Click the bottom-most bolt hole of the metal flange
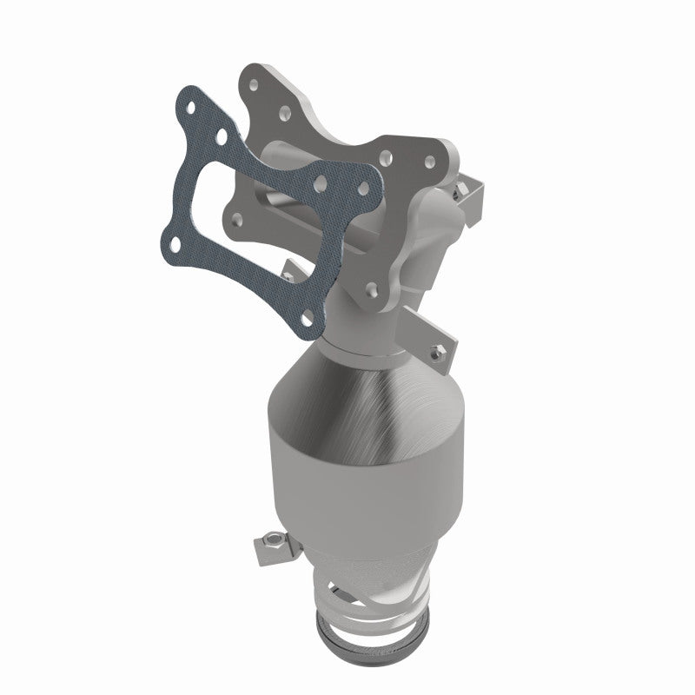[x=371, y=288]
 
